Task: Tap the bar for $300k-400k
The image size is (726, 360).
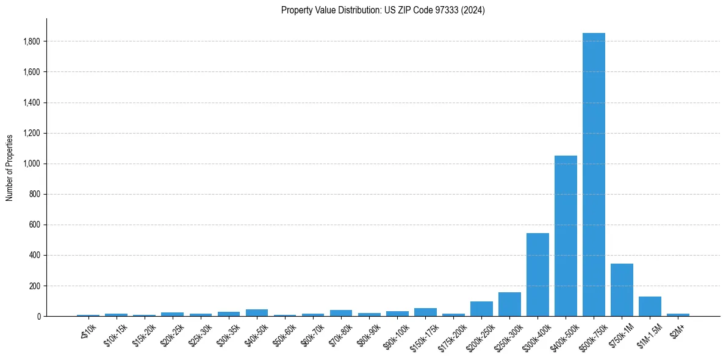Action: click(x=537, y=275)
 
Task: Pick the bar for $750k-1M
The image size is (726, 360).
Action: click(x=622, y=290)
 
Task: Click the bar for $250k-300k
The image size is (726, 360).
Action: click(x=509, y=304)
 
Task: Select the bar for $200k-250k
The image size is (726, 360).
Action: click(x=481, y=309)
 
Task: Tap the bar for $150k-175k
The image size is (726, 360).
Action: click(x=425, y=312)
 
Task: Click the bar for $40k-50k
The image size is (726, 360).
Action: click(x=257, y=312)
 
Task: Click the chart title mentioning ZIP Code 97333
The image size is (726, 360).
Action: click(x=383, y=10)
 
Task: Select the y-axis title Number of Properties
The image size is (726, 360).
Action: click(x=10, y=168)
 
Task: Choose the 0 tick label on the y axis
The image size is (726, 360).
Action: click(x=38, y=316)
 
